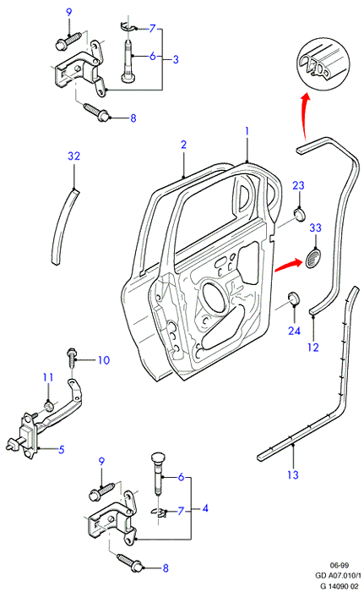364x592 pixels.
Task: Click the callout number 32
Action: click(x=74, y=156)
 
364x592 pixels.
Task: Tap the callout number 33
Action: click(x=315, y=228)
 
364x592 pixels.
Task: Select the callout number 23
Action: click(x=298, y=185)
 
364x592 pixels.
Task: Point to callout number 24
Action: click(x=294, y=331)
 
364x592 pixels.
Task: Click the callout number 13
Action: click(x=293, y=475)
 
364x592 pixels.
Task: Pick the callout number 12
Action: click(x=313, y=348)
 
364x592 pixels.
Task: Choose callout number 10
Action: click(x=104, y=360)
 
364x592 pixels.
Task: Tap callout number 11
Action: click(x=48, y=377)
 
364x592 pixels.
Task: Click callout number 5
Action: click(x=62, y=449)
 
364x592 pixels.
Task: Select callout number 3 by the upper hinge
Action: click(x=176, y=59)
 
